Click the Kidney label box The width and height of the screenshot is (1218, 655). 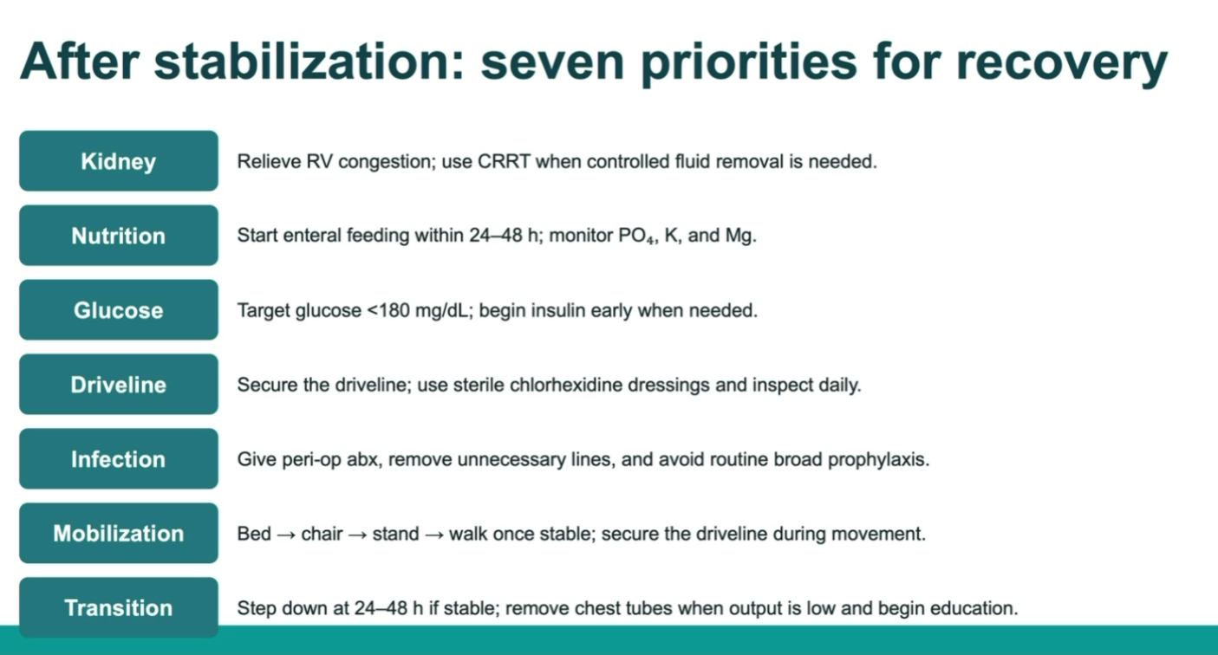pyautogui.click(x=119, y=161)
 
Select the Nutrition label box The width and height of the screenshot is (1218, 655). pyautogui.click(x=119, y=236)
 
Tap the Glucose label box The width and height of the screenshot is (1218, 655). pyautogui.click(x=119, y=310)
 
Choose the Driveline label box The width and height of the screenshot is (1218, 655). pyautogui.click(x=119, y=385)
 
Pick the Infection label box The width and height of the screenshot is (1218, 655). pyautogui.click(x=119, y=459)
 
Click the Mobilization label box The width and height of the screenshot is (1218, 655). pyautogui.click(x=119, y=533)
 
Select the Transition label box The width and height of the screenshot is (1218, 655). pyautogui.click(x=119, y=607)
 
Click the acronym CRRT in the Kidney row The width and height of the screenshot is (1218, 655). pyautogui.click(x=504, y=161)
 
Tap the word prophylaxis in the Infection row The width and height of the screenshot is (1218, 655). pyautogui.click(x=878, y=460)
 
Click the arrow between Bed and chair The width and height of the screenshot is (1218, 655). pyautogui.click(x=286, y=535)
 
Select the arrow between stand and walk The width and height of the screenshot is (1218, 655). pyautogui.click(x=434, y=535)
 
